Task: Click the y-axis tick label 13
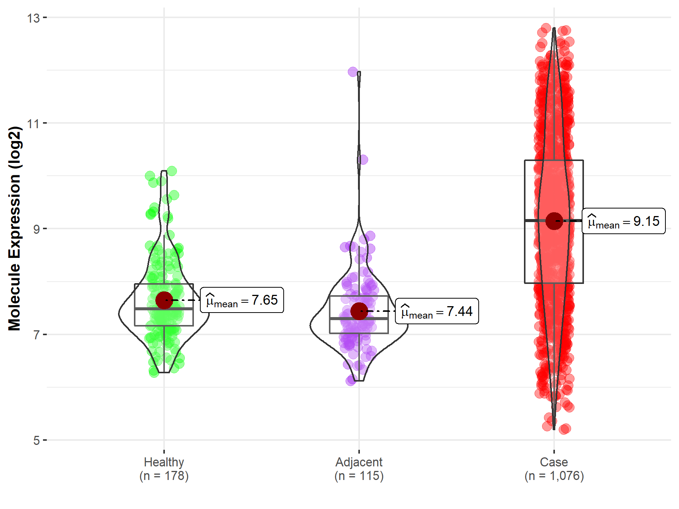pos(33,18)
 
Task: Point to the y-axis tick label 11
pos(33,123)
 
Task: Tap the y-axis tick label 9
pos(36,229)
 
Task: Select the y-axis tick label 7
pos(36,334)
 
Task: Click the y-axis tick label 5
pos(36,440)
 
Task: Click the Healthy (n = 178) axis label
pos(164,469)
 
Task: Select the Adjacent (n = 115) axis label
pos(359,469)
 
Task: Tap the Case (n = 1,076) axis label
pos(554,469)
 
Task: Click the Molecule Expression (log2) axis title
pos(14,228)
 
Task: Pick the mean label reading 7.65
pos(242,300)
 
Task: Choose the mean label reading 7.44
pos(437,311)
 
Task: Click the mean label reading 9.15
pos(624,221)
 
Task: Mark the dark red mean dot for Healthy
pos(164,300)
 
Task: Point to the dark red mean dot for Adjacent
pos(359,311)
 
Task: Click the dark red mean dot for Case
pos(554,221)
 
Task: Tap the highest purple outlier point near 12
pos(353,72)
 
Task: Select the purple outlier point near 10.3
pos(363,159)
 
